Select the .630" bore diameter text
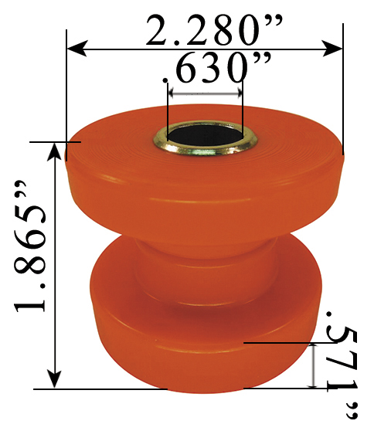(x=207, y=71)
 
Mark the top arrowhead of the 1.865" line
(x=54, y=150)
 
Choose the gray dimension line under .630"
(x=205, y=92)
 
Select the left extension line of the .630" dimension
(x=168, y=108)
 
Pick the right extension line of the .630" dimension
(x=243, y=108)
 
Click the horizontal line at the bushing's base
(x=100, y=389)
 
